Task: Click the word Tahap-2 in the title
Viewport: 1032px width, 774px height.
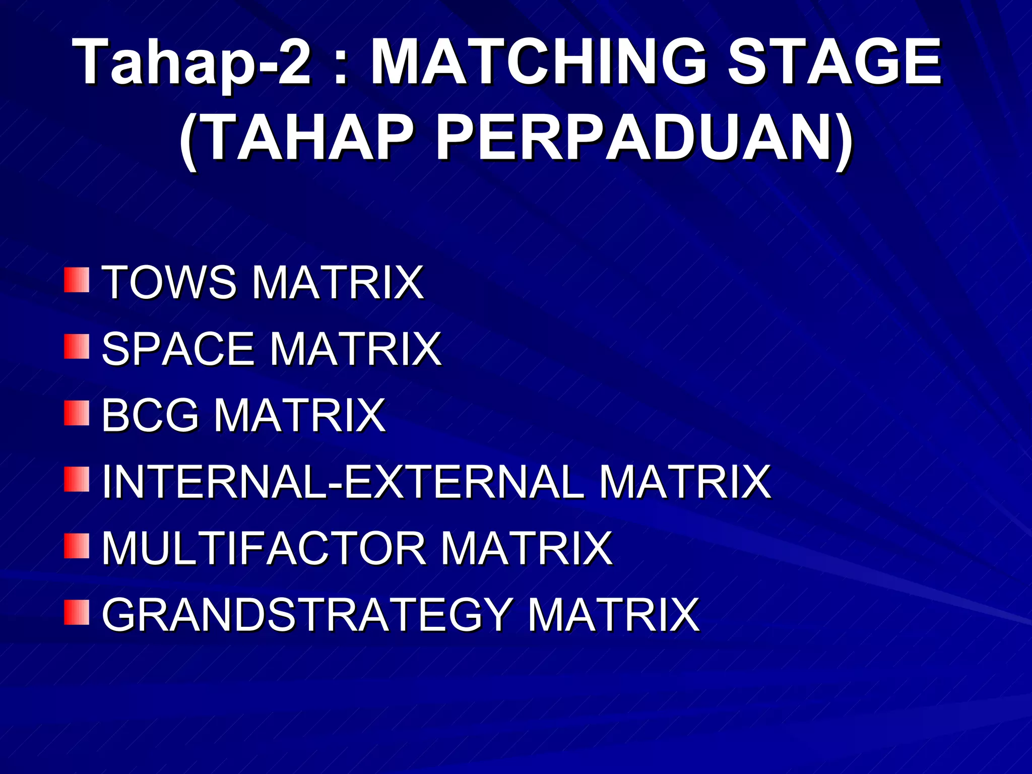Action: pyautogui.click(x=191, y=63)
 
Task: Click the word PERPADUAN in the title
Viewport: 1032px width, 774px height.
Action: pyautogui.click(x=643, y=139)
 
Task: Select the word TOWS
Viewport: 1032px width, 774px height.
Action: pyautogui.click(x=169, y=283)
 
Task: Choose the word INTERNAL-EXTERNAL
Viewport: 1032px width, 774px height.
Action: pyautogui.click(x=343, y=482)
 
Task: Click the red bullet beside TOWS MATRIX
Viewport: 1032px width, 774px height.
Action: pyautogui.click(x=77, y=280)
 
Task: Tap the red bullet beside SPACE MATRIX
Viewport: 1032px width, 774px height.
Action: pyautogui.click(x=77, y=347)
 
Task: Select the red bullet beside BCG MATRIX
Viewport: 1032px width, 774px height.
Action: pyautogui.click(x=77, y=413)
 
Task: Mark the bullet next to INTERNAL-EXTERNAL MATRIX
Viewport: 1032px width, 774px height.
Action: pyautogui.click(x=77, y=480)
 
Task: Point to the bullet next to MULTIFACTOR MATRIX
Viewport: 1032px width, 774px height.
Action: pyautogui.click(x=77, y=547)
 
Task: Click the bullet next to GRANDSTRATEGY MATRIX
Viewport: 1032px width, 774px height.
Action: pyautogui.click(x=77, y=613)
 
